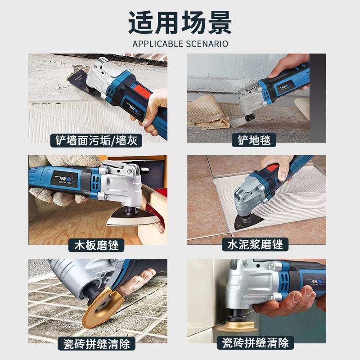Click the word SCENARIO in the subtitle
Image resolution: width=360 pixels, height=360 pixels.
click(207, 44)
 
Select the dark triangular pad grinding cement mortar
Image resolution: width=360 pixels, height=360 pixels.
click(245, 222)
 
